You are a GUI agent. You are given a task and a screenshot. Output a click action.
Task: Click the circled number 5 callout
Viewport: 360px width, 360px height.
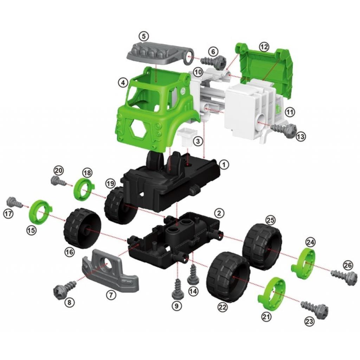pyautogui.click(x=144, y=36)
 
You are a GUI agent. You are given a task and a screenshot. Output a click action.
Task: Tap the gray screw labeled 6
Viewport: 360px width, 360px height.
pyautogui.click(x=213, y=61)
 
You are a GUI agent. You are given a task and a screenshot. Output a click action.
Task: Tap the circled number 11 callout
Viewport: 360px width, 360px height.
pyautogui.click(x=290, y=112)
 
